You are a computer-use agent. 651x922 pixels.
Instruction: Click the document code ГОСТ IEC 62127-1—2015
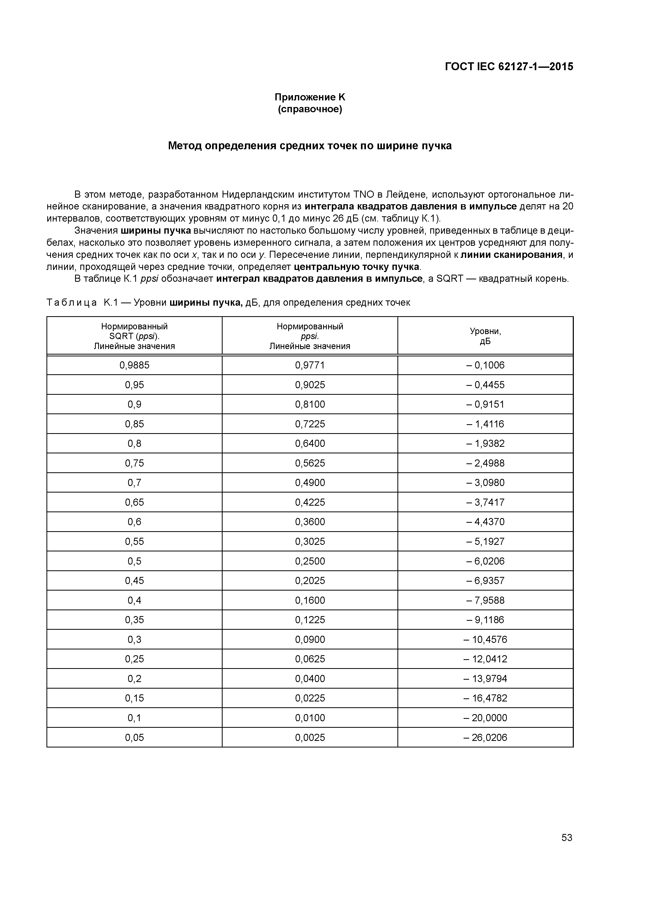point(509,67)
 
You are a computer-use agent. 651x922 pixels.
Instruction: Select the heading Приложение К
point(310,97)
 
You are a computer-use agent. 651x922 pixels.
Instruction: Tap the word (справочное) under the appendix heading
point(310,109)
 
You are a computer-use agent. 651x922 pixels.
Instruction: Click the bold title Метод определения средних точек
point(310,146)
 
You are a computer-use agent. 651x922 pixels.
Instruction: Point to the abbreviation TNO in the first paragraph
point(363,195)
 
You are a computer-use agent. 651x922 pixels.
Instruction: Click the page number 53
point(567,837)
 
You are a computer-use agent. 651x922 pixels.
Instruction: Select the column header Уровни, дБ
point(485,336)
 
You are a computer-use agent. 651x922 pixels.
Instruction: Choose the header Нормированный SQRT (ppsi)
point(134,336)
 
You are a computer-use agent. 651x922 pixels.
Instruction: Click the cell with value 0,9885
point(134,365)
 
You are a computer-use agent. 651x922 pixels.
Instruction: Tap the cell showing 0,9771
point(310,365)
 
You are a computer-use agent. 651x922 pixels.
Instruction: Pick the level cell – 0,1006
point(485,365)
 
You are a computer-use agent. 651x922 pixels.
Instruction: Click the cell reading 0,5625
point(310,463)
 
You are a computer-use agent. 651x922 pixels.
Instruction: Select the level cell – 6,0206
point(485,561)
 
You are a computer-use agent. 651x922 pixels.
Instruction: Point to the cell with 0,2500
point(310,561)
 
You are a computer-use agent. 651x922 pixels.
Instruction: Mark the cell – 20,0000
point(485,718)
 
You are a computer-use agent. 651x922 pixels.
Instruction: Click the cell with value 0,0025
point(310,737)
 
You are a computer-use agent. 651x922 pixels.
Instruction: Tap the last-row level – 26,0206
point(485,737)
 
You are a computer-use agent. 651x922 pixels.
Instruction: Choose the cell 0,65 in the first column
point(134,502)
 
